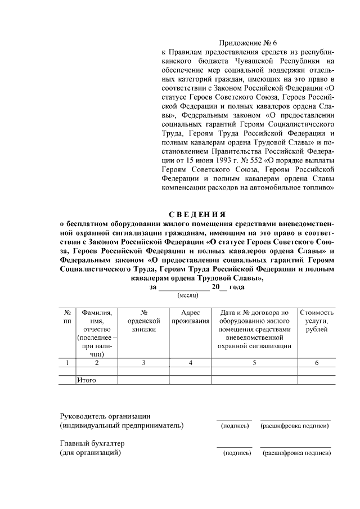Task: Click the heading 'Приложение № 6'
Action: (247, 43)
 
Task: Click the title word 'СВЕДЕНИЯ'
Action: (197, 214)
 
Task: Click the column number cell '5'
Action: (254, 363)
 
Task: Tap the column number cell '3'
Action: (143, 363)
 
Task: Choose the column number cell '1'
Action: (67, 363)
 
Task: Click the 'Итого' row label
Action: (87, 380)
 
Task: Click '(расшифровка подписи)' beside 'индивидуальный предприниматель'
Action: (295, 426)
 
